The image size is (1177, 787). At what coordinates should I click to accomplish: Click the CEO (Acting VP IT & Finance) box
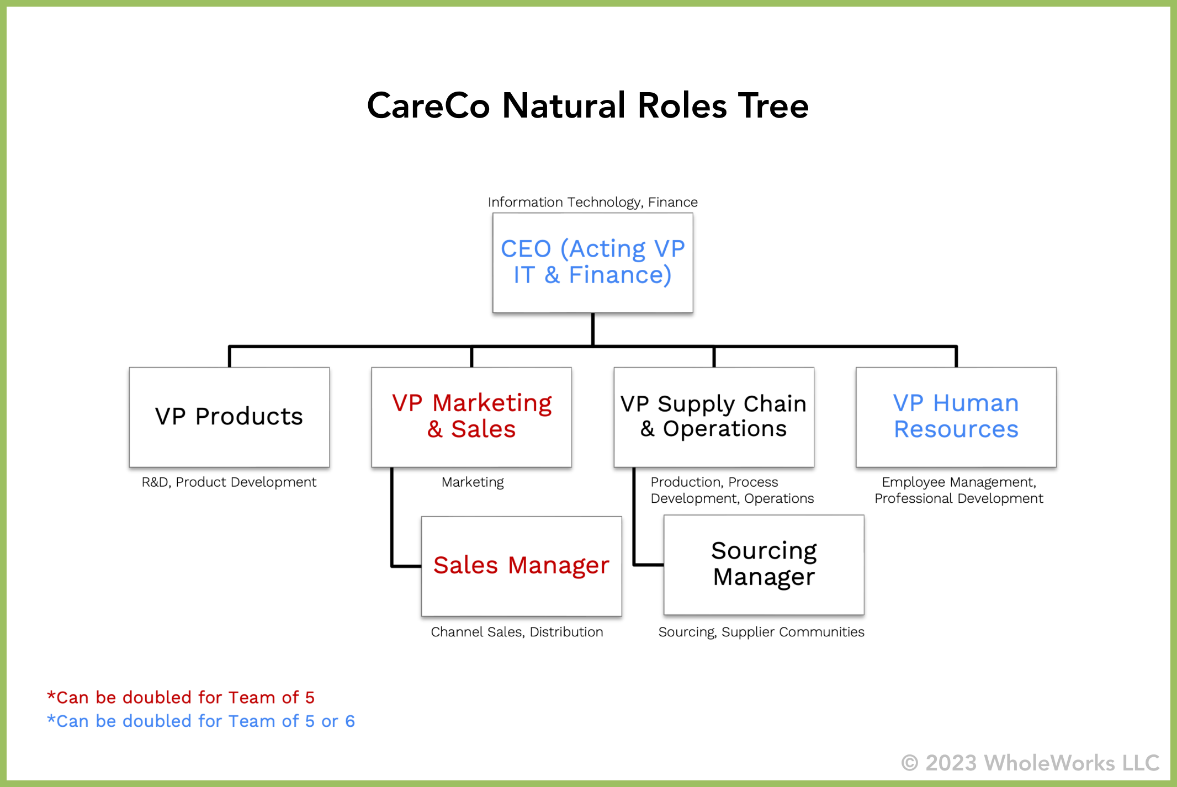(592, 263)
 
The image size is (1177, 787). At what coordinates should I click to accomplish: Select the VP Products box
(229, 417)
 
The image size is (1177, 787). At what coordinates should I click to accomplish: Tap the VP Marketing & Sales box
(471, 417)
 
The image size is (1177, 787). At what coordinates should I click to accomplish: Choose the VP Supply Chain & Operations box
(714, 417)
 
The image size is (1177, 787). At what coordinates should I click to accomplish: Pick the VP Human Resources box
(956, 417)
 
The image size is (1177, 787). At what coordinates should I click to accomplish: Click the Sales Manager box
(521, 566)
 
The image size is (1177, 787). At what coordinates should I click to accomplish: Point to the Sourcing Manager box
(764, 565)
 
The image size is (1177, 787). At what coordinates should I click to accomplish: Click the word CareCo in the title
(428, 105)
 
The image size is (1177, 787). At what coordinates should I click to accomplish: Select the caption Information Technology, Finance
(592, 202)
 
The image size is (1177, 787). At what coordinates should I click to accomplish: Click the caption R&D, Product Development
(229, 482)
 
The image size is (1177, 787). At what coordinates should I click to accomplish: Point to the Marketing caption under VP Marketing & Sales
(473, 482)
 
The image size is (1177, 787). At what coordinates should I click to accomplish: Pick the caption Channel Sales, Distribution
(517, 632)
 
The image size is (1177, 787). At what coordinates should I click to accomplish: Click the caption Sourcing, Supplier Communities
(761, 632)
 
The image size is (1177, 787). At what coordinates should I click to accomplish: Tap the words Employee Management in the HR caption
(958, 482)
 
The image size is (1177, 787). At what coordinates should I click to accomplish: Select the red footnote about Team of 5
(181, 698)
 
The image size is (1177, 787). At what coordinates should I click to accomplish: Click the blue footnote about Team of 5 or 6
(201, 721)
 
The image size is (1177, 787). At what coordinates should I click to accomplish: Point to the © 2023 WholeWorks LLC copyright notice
(1030, 763)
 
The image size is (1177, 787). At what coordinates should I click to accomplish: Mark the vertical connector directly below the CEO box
(592, 329)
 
